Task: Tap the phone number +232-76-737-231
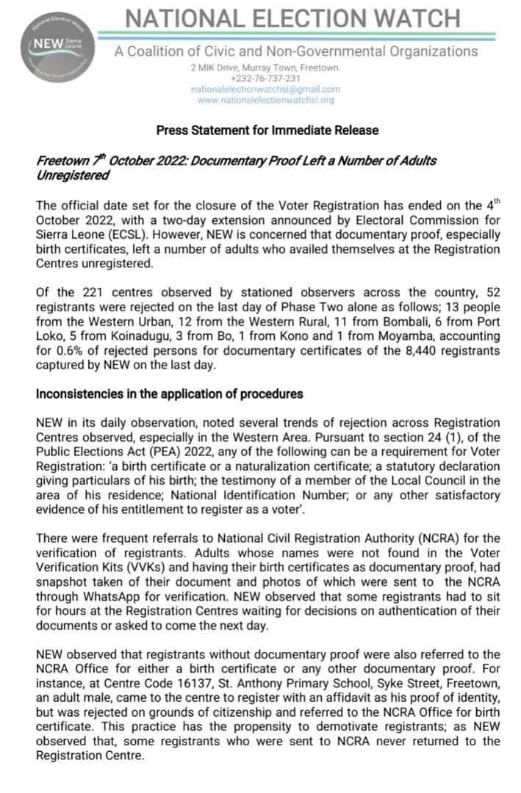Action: (265, 79)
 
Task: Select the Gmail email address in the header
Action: (265, 89)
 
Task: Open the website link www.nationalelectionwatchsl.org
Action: (265, 99)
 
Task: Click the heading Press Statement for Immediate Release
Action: (267, 131)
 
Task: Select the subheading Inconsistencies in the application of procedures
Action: (170, 394)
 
